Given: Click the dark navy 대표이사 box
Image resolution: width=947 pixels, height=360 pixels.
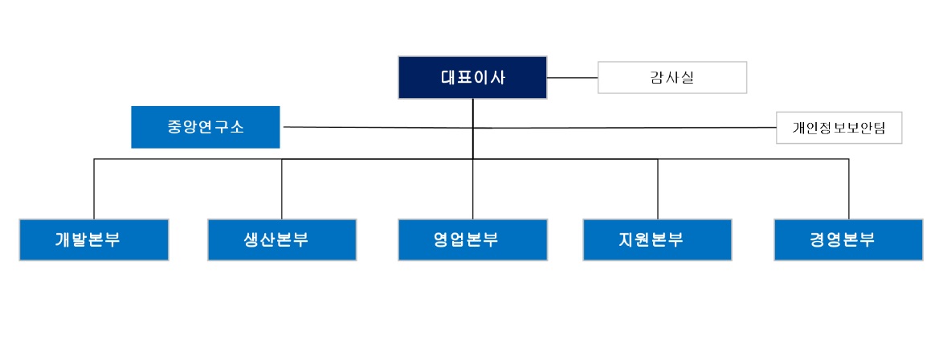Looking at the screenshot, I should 472,78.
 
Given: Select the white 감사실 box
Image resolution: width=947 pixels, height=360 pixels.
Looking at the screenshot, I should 672,78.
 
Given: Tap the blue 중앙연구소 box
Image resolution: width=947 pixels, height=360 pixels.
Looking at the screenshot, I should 206,127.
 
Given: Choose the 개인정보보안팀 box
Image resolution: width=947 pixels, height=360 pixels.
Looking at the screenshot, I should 839,128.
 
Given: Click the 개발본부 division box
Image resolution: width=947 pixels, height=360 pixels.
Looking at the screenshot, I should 94,239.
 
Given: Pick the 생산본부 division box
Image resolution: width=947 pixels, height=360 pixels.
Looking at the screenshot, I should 282,239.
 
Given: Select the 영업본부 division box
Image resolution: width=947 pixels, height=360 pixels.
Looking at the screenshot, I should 472,239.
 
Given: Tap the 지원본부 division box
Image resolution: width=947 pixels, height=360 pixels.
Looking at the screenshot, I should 658,239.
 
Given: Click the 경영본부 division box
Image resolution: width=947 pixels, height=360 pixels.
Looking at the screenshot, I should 848,239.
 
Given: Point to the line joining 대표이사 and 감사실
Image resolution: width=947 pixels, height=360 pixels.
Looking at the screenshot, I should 573,78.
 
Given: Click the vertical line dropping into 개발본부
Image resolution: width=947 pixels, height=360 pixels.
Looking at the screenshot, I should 94,189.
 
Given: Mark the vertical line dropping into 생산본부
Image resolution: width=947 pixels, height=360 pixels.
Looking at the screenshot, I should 282,189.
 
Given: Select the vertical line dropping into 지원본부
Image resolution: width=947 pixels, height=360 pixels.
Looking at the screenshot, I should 658,189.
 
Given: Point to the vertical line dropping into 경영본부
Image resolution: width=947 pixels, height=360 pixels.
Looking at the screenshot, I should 848,189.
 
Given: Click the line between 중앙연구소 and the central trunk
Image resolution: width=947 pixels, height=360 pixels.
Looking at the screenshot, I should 378,127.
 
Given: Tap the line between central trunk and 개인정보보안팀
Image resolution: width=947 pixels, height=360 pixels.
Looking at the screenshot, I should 627,128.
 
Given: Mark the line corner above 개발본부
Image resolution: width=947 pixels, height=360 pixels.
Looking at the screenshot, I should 94,159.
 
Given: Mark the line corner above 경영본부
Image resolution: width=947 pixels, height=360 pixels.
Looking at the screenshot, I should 848,159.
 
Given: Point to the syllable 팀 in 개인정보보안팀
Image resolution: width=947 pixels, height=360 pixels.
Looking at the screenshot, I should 879,128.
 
